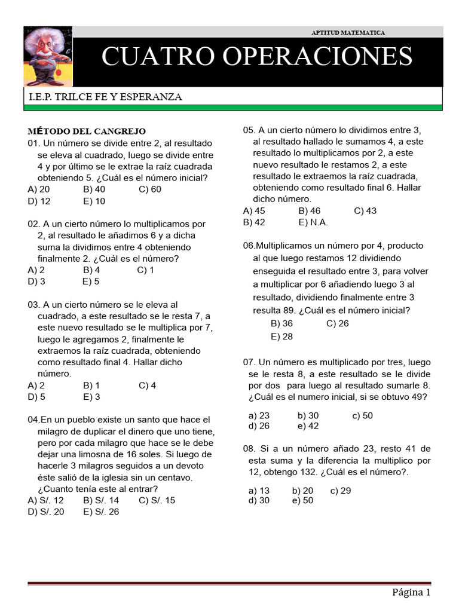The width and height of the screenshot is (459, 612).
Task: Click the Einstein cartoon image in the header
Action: pos(48,57)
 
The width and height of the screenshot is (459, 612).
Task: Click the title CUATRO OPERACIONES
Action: pos(256,57)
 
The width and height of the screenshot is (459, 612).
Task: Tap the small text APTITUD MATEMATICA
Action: pos(348,32)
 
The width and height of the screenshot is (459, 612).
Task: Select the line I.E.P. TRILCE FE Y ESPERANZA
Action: pos(105,97)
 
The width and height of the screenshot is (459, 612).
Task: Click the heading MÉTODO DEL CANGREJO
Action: pos(87,131)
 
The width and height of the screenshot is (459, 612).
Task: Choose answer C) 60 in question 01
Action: pos(150,189)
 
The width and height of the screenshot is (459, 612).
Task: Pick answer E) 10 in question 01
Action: pos(94,201)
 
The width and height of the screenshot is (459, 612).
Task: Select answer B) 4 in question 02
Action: pos(91,270)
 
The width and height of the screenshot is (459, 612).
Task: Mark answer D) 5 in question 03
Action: pos(36,396)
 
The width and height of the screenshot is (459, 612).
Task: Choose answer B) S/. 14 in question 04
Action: pos(101,500)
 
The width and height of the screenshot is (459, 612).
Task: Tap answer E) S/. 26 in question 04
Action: pos(101,512)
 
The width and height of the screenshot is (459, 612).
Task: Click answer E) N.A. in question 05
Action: pos(313,222)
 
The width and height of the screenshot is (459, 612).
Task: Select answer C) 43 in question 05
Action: pos(365,210)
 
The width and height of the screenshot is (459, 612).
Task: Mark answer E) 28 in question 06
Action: pos(282,336)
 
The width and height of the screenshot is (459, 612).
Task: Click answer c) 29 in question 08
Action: pos(340,490)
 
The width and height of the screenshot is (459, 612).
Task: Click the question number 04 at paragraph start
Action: pos(33,420)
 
